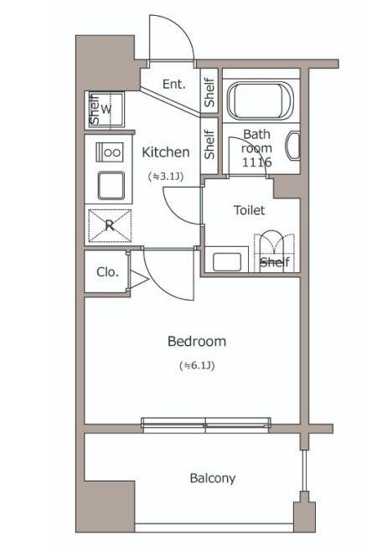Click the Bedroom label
coord(197,342)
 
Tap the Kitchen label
coord(166,152)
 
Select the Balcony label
coord(213,478)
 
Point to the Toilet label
coord(249,210)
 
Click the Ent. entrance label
coord(174,84)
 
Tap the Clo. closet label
coord(108,272)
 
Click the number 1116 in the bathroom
coord(257,162)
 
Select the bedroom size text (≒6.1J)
coord(197,366)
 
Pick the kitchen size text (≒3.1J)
coord(166,177)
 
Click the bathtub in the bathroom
coord(260,100)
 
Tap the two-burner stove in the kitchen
coord(110,152)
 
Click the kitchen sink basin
coord(111,185)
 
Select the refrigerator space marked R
coord(110,225)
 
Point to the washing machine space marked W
coord(106,110)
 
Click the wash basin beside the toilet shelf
coord(227,261)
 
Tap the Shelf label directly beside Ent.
coord(209,92)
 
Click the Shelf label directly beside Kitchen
coord(209,144)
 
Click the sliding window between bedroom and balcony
coord(206,425)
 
